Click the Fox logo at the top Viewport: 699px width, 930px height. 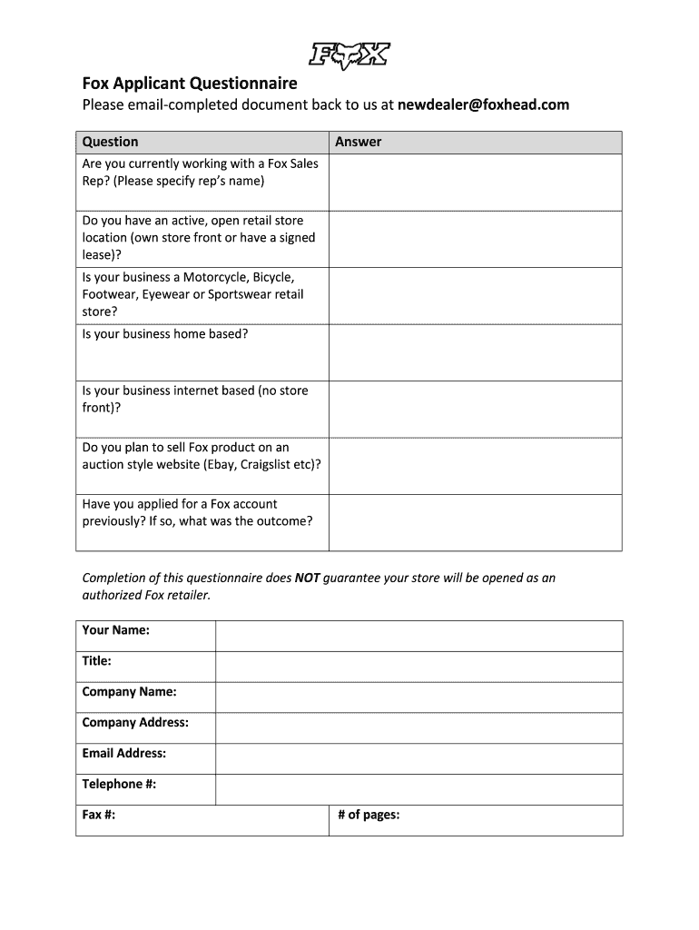coord(349,55)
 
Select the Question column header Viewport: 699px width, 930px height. coord(111,142)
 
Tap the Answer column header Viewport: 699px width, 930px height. coord(359,142)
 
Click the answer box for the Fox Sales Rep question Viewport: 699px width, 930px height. coord(475,182)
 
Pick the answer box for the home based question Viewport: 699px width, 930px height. coord(475,352)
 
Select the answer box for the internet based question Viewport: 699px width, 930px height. coord(475,409)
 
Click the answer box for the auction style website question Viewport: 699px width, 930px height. coord(475,466)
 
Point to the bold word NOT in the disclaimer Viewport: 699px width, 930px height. coord(307,578)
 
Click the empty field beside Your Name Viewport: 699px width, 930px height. coord(418,636)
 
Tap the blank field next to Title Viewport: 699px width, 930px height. coord(418,667)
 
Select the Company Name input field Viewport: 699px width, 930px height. coord(418,697)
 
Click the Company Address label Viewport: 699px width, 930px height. coord(135,723)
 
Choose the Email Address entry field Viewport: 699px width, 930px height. coord(418,759)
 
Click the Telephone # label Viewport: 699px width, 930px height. coord(119,784)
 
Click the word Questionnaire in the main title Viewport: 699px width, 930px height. coord(244,84)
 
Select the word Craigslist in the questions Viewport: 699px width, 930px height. coord(271,464)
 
